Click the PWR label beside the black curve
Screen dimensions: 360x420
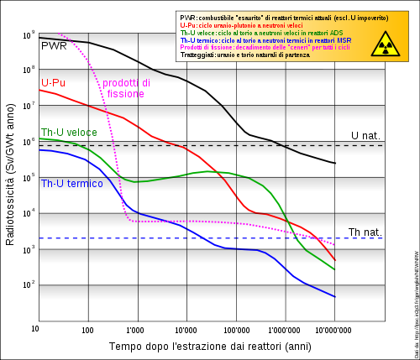point(54,46)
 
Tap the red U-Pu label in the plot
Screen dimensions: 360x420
point(55,83)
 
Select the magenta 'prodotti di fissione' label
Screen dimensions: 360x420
point(126,89)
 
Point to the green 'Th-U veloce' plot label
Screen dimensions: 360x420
point(69,133)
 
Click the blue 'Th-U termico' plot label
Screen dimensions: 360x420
point(71,184)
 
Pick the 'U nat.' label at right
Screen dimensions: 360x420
point(366,136)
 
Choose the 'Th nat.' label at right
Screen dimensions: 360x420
point(365,232)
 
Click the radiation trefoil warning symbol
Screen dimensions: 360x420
point(386,43)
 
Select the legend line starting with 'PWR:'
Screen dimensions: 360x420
point(269,18)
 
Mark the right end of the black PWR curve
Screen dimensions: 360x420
point(335,163)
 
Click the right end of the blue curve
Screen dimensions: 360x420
point(335,296)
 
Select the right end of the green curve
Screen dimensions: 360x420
point(335,269)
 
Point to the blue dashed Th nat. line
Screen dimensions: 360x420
point(210,238)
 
